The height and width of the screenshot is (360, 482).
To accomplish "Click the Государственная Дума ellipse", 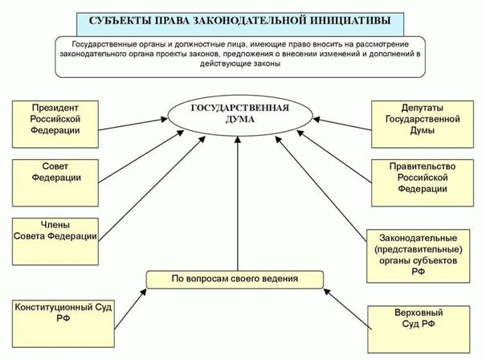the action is tap(240, 115).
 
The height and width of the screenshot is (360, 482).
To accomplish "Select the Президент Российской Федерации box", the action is tap(55, 125).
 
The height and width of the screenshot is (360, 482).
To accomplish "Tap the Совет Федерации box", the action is tap(55, 182).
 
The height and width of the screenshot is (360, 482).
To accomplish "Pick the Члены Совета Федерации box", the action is tap(55, 241).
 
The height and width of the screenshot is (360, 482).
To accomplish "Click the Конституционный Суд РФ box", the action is tap(63, 324).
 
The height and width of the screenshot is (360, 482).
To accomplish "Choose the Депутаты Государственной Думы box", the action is tap(423, 125).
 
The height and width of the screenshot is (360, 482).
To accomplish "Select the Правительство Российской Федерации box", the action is tap(423, 182).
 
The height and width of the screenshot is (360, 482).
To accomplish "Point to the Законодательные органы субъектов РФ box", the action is tap(418, 256).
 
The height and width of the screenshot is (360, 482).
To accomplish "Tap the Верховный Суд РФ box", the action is tap(419, 329).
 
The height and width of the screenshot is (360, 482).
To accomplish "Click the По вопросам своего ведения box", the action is tap(235, 280).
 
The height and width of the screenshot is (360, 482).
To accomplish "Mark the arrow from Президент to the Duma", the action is tap(133, 125).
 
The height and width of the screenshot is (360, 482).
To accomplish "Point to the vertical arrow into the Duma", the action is tap(238, 203).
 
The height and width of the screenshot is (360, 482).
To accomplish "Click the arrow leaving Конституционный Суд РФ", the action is tap(131, 309).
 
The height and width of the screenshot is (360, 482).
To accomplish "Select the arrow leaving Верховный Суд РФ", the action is tap(348, 309).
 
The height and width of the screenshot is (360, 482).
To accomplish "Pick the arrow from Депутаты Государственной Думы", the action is tap(342, 125).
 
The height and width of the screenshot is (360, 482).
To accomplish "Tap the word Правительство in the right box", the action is tap(423, 166).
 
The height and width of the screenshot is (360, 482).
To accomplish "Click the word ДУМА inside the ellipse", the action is tap(240, 120).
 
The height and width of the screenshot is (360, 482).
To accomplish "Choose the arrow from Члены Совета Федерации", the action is tap(152, 189).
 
